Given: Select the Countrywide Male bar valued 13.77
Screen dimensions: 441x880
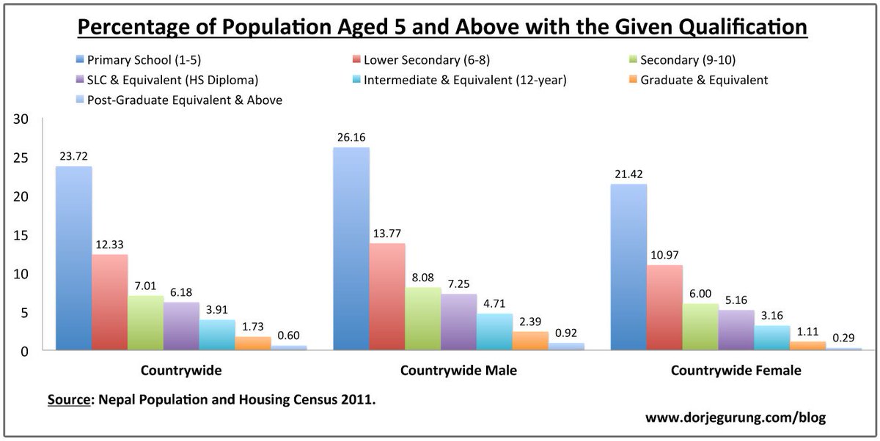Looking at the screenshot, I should point(386,297).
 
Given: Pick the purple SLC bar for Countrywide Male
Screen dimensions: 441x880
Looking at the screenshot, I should point(458,322).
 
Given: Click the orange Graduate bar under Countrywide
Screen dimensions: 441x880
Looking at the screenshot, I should point(253,344).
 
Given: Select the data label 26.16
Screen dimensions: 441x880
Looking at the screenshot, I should point(351,137).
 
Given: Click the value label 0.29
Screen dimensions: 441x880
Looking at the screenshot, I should point(843,338).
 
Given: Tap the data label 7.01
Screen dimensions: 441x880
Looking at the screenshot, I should point(146,285).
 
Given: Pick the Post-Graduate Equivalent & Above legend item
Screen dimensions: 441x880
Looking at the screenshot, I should point(184,100).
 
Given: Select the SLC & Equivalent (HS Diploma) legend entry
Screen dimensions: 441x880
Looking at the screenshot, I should point(172,80).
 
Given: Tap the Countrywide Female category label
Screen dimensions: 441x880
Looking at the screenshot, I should point(736,371).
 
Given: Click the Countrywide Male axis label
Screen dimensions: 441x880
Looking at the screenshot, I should point(458,371).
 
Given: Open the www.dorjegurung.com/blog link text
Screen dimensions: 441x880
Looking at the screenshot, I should point(735,418).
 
